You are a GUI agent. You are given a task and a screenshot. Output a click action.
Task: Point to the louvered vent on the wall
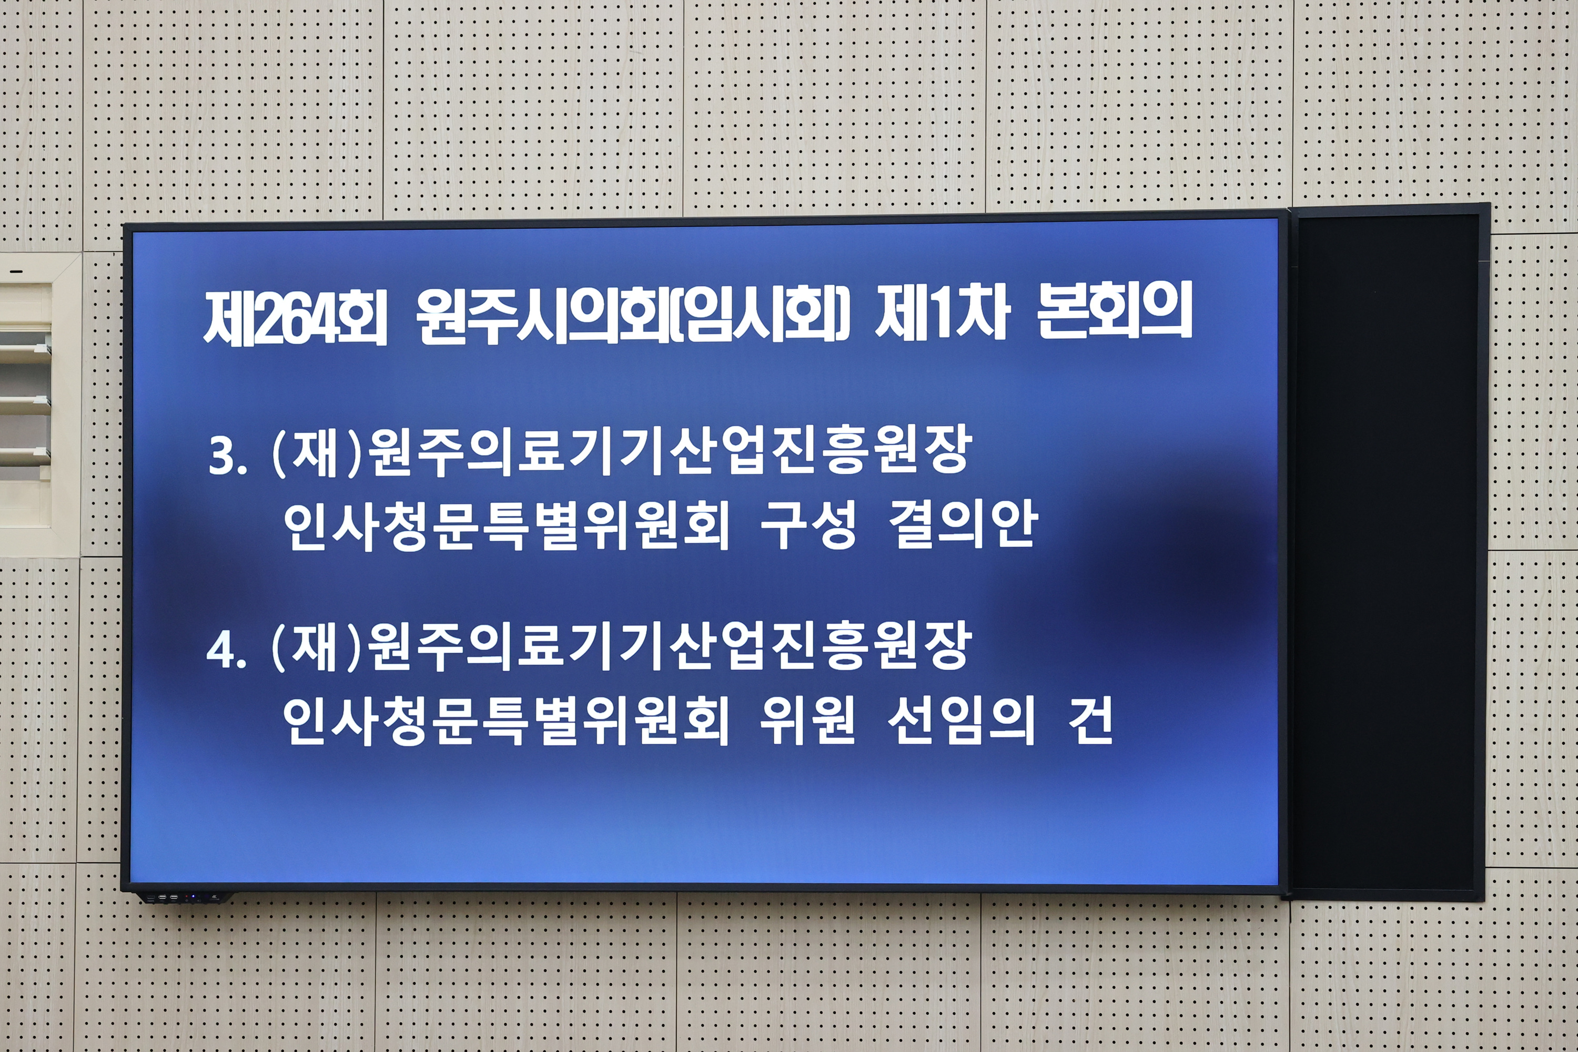point(25,402)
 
